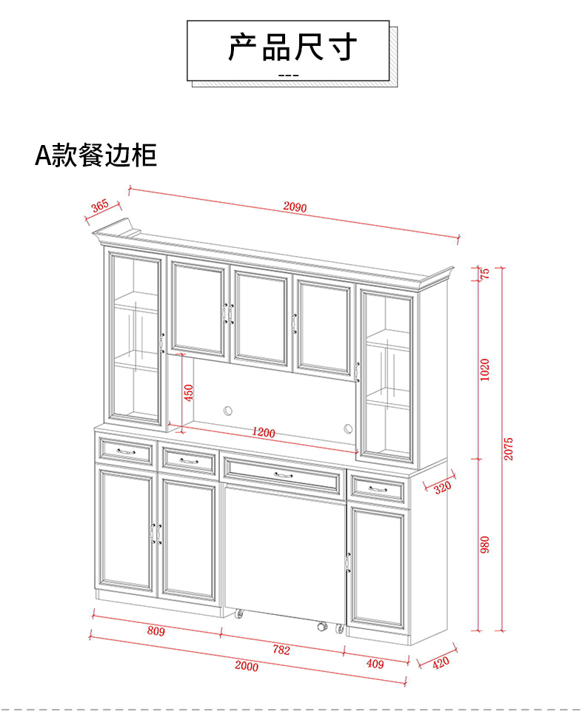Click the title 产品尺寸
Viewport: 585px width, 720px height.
tap(292, 47)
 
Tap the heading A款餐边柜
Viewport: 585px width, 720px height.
tap(96, 155)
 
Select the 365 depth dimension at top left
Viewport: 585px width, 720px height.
tap(100, 205)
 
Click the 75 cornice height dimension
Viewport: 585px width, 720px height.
tap(486, 272)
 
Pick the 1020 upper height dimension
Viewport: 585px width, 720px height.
tap(485, 368)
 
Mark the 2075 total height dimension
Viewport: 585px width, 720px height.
tap(508, 448)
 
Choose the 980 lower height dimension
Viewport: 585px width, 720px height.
tap(485, 544)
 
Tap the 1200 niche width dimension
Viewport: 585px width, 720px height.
tap(263, 432)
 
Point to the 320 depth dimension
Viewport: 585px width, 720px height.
tap(442, 488)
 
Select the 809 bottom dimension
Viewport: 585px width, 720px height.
tap(156, 631)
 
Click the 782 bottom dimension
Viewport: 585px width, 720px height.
tap(281, 650)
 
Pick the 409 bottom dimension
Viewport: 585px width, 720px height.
tap(375, 663)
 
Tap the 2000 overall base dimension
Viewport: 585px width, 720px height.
tap(247, 666)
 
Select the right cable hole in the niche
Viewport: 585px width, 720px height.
tap(348, 428)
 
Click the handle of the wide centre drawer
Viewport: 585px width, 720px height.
tap(282, 474)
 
